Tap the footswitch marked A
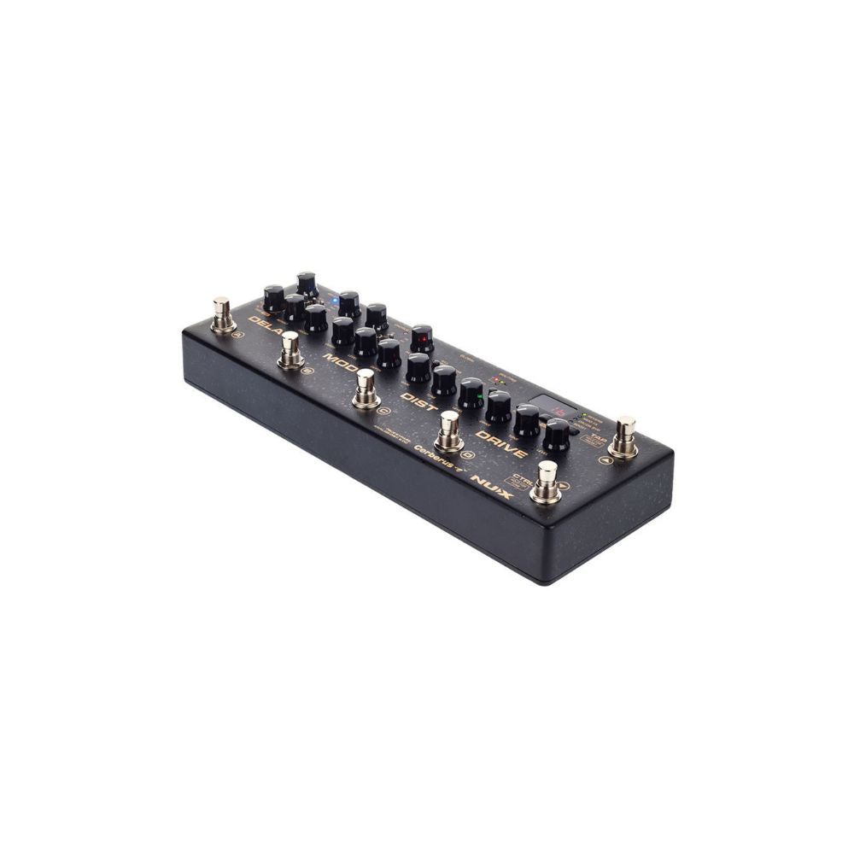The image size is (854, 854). coord(223,314)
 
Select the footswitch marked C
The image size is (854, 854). coord(366,389)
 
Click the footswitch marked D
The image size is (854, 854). coord(449,431)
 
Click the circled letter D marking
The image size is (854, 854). coord(467,454)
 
